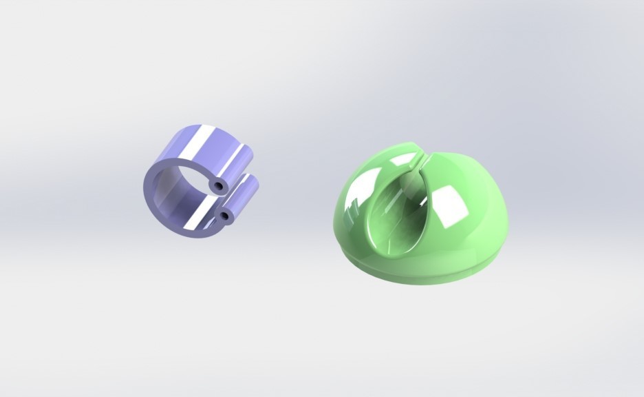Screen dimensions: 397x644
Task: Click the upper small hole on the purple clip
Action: click(x=218, y=187)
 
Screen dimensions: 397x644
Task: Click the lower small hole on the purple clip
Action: click(x=224, y=217)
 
